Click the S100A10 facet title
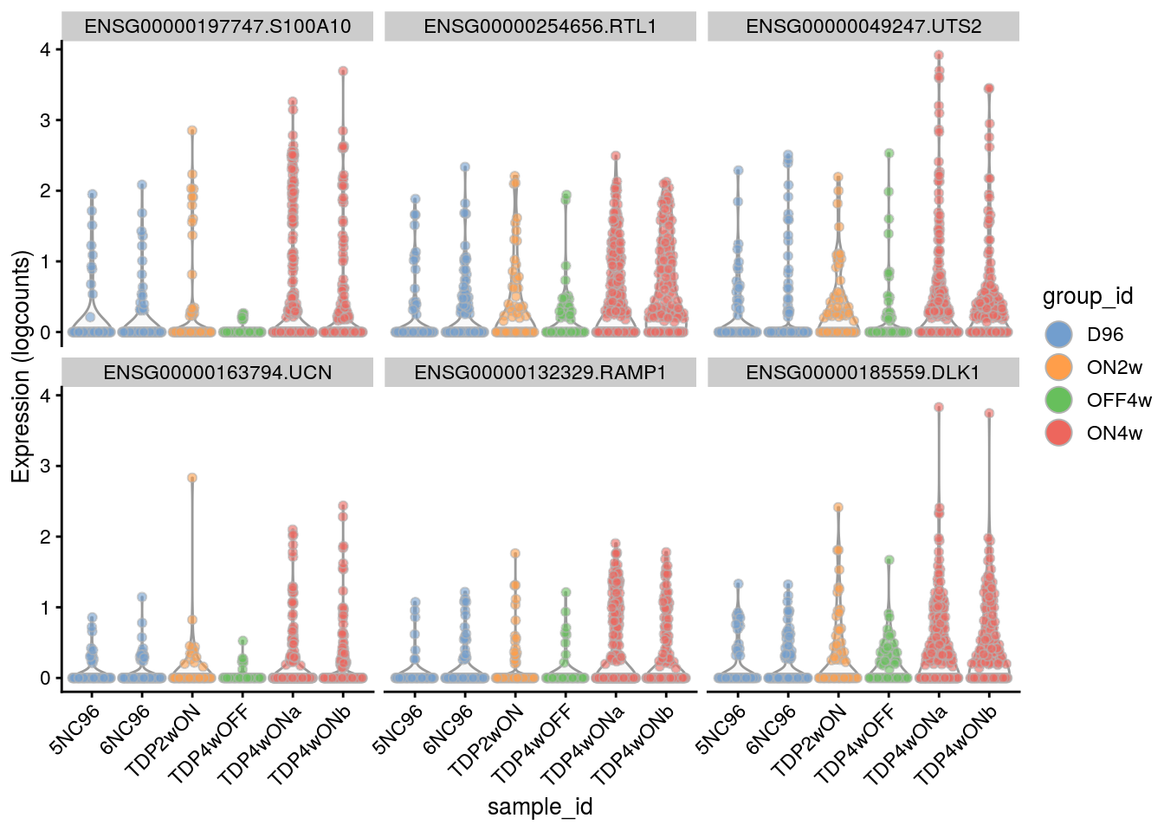tap(217, 27)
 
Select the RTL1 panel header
tap(540, 27)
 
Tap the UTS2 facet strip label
tap(863, 27)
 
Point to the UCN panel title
tap(217, 373)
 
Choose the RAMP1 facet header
tap(540, 373)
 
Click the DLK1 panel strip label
tap(863, 373)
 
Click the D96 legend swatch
tap(1058, 334)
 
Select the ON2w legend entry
tap(1058, 367)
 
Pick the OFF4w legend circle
tap(1058, 400)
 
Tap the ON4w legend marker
tap(1058, 433)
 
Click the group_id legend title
tap(1087, 297)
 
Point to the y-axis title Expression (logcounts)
tap(21, 366)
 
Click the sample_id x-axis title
tap(540, 807)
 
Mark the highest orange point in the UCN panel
tap(192, 478)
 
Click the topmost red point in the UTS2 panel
tap(938, 55)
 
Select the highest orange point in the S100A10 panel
tap(192, 131)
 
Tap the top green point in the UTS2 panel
tap(889, 153)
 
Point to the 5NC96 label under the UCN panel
tap(76, 729)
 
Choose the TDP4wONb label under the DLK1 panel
tap(958, 743)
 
